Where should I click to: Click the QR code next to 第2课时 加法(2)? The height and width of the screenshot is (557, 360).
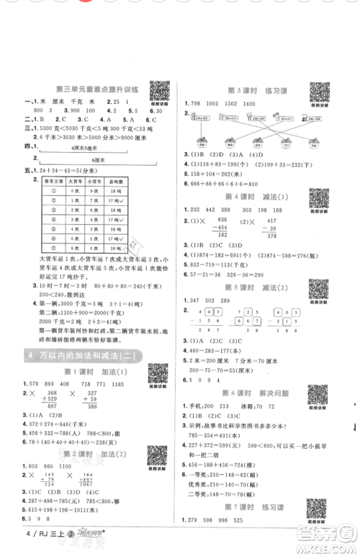[158, 456]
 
